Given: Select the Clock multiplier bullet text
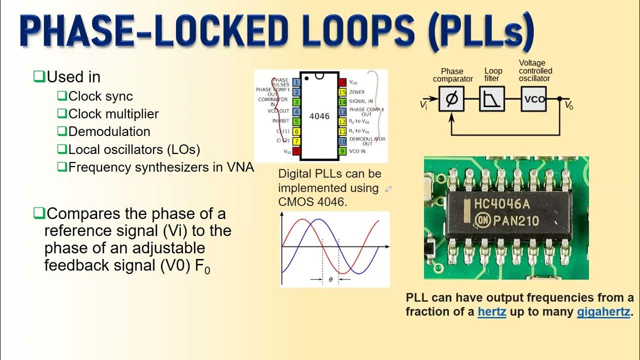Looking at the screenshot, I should tap(113, 114).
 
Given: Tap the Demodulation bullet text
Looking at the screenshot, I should tap(109, 131).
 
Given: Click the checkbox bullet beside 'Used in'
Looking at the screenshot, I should tap(39, 77).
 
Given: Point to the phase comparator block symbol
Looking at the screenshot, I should tap(451, 98).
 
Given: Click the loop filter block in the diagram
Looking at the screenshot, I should tap(492, 98).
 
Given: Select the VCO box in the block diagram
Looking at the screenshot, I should tap(534, 98).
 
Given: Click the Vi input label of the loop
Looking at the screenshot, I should tap(423, 104).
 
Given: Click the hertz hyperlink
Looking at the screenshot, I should tap(492, 312).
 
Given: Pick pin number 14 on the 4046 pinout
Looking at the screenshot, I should tap(342, 101).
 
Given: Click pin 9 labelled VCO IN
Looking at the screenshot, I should tap(342, 150).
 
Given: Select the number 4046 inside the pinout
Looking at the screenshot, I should tap(319, 116).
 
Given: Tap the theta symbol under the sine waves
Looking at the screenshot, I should tap(330, 280).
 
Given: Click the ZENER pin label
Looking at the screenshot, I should tap(357, 92).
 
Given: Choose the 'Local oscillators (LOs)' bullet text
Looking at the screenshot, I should tap(134, 149).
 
